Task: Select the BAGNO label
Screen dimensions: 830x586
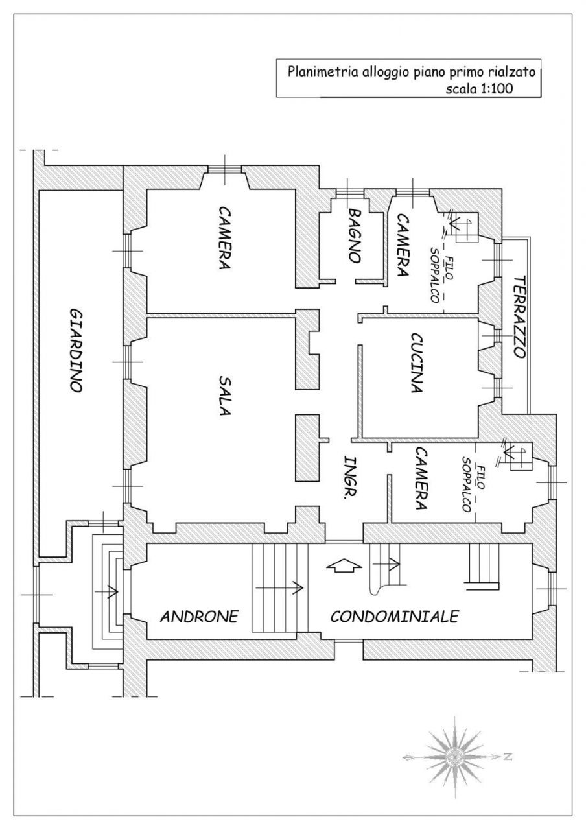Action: pyautogui.click(x=354, y=235)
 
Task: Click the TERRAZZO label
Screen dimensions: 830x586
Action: pyautogui.click(x=519, y=317)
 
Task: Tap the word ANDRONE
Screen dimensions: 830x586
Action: pyautogui.click(x=200, y=616)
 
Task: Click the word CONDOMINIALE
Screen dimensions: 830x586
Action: pyautogui.click(x=394, y=616)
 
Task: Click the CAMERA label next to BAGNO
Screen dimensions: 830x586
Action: pyautogui.click(x=402, y=245)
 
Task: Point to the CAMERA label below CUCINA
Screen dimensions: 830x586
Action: pyautogui.click(x=421, y=479)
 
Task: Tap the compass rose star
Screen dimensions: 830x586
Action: pyautogui.click(x=456, y=756)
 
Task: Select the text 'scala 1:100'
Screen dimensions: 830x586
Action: pyautogui.click(x=479, y=89)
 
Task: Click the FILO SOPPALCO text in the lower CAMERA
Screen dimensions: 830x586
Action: pyautogui.click(x=471, y=484)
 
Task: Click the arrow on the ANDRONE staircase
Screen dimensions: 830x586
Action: pyautogui.click(x=280, y=588)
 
